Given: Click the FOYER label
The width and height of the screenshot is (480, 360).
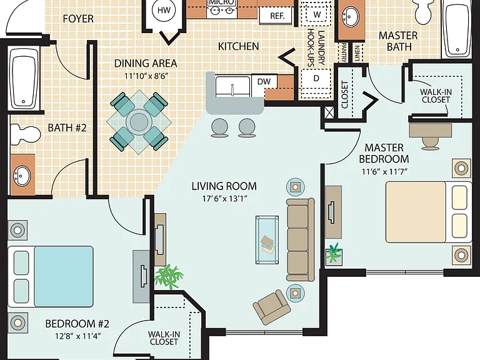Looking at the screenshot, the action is click(x=78, y=19).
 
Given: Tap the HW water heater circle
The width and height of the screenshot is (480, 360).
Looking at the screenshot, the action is click(x=164, y=10).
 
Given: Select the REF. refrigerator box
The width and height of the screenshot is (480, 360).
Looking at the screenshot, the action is click(x=277, y=15).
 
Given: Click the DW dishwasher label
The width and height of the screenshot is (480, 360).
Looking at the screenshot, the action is click(x=264, y=81).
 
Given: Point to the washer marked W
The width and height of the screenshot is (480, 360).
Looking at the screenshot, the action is click(x=317, y=14).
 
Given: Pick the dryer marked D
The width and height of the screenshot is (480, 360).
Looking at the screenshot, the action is click(x=316, y=79).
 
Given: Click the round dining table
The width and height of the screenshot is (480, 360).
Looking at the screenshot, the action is click(x=139, y=122).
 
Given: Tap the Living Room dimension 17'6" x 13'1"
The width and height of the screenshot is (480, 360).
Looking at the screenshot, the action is click(x=224, y=199).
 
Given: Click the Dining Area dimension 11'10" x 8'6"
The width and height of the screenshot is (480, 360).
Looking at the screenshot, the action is click(x=146, y=76).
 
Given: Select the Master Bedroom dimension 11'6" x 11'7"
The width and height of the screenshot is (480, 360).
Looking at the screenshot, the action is click(x=384, y=171).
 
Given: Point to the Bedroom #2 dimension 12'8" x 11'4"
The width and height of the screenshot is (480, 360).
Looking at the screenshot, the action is click(x=77, y=336).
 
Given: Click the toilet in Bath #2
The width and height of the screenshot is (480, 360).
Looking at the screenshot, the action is click(x=26, y=134).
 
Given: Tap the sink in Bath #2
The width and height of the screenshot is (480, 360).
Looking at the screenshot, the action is click(x=22, y=176).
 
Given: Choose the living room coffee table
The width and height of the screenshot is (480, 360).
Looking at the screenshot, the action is click(x=267, y=240).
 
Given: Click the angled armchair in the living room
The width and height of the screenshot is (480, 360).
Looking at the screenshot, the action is click(x=272, y=307).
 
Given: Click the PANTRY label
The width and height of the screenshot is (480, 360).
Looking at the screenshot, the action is click(x=344, y=52).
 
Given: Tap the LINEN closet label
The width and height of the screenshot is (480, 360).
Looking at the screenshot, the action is click(x=357, y=53).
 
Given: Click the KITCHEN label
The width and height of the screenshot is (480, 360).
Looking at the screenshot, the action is click(x=239, y=46).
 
